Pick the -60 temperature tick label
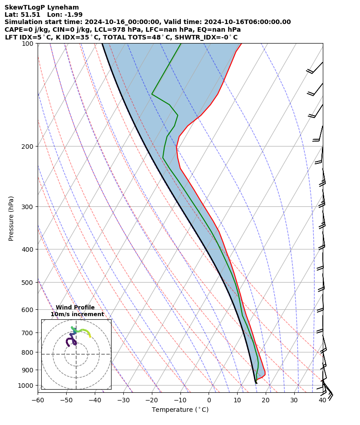click(38, 401)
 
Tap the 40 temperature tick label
click(322, 401)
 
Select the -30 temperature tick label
click(123, 401)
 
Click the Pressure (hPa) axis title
click(11, 218)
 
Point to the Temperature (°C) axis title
click(180, 410)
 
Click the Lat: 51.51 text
click(22, 15)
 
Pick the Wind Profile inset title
click(75, 308)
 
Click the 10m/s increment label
click(77, 314)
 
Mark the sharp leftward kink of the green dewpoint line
click(152, 94)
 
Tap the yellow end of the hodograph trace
click(90, 337)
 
